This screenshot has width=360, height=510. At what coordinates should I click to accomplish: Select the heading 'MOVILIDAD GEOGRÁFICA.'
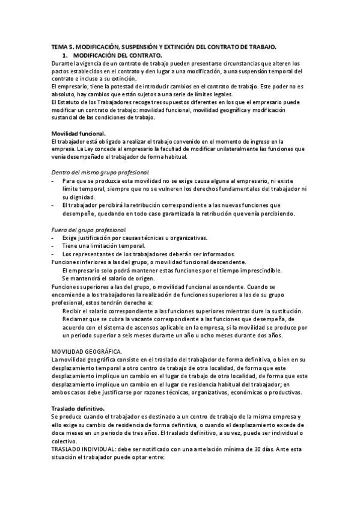tap(87, 351)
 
